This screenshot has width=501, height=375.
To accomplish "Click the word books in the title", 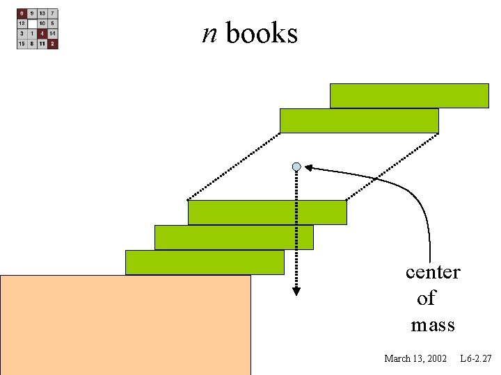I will [262, 33].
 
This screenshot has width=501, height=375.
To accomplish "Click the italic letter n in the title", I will [209, 33].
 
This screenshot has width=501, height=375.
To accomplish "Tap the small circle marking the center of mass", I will [296, 167].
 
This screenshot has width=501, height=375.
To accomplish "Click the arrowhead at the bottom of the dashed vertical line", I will [296, 291].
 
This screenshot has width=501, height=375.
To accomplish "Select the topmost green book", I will [409, 96].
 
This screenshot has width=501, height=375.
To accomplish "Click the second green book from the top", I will [359, 121].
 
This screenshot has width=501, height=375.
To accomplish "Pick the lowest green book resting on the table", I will [205, 262].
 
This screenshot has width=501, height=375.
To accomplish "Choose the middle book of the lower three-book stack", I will [234, 237].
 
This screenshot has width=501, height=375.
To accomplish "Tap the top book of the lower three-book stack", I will [267, 212].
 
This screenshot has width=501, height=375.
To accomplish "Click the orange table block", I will [125, 325].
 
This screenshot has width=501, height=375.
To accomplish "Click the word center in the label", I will [433, 272].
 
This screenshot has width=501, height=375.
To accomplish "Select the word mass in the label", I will [433, 325].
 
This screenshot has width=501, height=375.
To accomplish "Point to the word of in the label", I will [426, 299].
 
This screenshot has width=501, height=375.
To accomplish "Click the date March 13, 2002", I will [415, 358].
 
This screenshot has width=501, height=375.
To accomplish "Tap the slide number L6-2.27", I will [476, 358].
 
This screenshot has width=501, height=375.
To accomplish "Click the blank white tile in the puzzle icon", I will [32, 24].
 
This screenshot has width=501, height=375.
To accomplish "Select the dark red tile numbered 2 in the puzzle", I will [54, 44].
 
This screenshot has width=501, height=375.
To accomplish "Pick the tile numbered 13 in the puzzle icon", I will [43, 13].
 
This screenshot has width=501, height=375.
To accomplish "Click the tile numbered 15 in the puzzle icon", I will [22, 44].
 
